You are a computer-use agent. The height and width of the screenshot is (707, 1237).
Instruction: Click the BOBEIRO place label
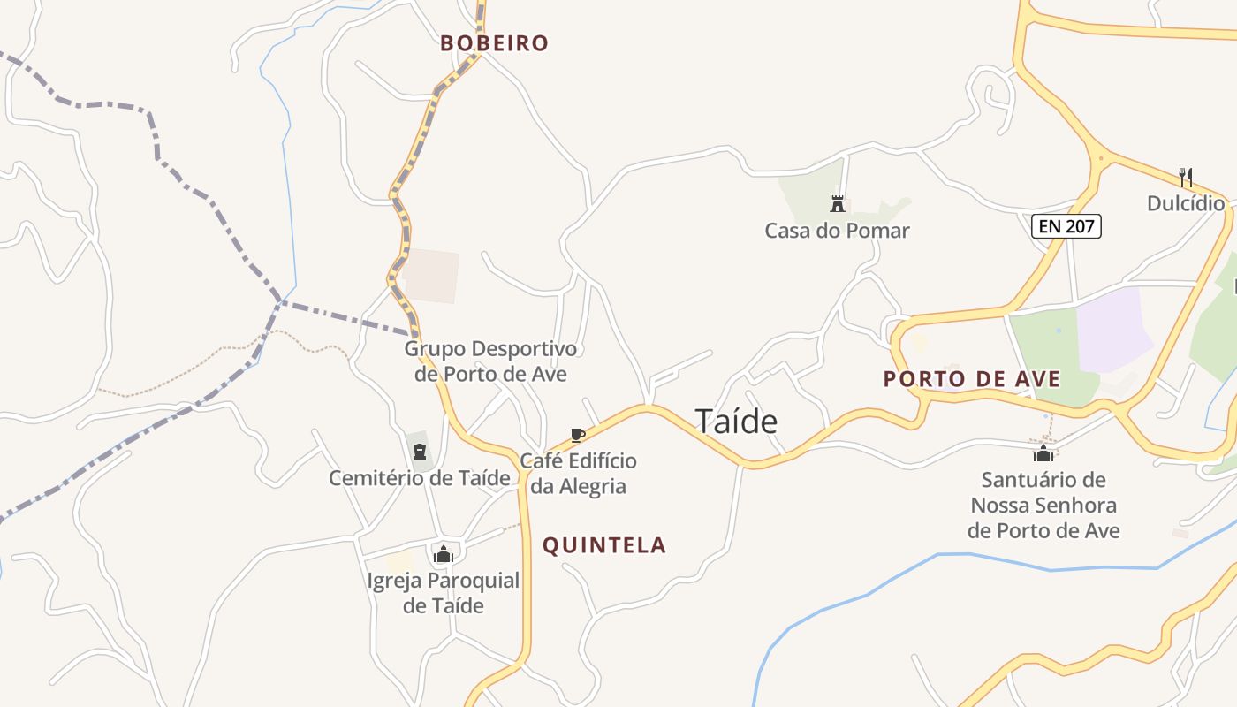point(495,43)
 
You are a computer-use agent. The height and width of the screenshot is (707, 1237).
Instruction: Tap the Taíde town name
point(736,422)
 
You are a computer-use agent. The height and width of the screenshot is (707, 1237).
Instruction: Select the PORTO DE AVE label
point(972,379)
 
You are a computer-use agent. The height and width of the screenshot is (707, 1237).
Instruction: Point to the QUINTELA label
point(604,545)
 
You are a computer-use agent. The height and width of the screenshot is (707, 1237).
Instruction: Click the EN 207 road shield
point(1066,226)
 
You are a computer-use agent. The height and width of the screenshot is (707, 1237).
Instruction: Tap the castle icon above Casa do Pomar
point(838,204)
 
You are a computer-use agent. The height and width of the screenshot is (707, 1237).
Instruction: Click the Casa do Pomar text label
point(837,231)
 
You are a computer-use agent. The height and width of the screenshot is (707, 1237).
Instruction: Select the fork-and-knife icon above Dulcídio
point(1186,178)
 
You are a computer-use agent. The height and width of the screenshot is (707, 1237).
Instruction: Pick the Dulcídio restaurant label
point(1186,204)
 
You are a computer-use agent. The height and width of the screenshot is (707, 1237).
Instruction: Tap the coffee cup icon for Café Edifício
point(578,435)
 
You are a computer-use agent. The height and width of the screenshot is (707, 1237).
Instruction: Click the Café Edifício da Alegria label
point(578,474)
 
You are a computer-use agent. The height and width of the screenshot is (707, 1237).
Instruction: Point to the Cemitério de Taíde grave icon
point(420,452)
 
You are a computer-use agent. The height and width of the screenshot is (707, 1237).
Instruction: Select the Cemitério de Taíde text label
point(420,478)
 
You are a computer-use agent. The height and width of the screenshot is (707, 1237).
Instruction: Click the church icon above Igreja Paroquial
point(444,554)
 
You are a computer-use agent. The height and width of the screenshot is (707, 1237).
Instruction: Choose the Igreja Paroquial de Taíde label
point(444,593)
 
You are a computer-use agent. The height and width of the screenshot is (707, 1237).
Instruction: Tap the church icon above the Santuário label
point(1043,453)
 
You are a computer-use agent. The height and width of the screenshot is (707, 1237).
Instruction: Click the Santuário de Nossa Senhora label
point(1043,506)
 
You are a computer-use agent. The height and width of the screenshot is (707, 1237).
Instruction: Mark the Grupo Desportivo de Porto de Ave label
point(490,361)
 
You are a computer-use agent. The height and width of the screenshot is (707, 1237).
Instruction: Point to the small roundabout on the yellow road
point(1101,160)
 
